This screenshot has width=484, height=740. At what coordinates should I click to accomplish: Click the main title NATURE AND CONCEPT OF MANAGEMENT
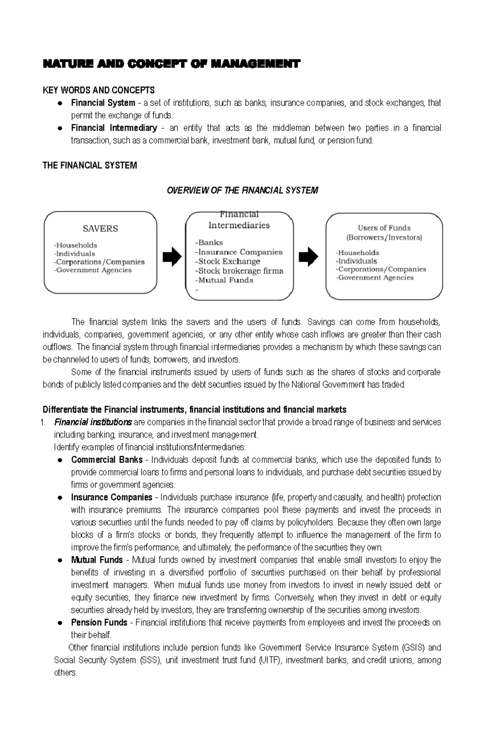[x=171, y=64]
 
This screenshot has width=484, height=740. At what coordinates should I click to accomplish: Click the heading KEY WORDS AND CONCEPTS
[x=98, y=90]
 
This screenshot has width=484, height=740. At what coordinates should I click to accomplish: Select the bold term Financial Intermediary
[x=114, y=128]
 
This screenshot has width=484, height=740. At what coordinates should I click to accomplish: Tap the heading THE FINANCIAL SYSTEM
[x=90, y=165]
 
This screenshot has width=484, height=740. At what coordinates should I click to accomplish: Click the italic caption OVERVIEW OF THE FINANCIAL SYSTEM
[x=242, y=190]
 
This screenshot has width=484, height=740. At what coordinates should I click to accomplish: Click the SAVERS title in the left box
[x=100, y=229]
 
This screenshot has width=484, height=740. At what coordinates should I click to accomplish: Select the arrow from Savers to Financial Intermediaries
[x=172, y=257]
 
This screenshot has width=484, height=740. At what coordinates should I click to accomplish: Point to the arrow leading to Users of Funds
[x=309, y=257]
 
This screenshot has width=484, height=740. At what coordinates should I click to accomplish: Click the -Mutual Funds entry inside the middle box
[x=224, y=280]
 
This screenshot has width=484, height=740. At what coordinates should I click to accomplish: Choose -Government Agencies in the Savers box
[x=93, y=270]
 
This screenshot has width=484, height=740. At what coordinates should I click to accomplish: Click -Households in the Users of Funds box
[x=357, y=253]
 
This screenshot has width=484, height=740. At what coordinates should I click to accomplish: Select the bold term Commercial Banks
[x=107, y=460]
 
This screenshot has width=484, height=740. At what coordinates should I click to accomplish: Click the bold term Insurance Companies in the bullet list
[x=112, y=497]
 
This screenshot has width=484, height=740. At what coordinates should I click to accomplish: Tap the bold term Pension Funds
[x=99, y=623]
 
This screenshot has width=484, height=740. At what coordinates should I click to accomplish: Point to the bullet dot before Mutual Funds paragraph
[x=59, y=560]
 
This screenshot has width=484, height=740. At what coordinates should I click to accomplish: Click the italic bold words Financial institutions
[x=93, y=422]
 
